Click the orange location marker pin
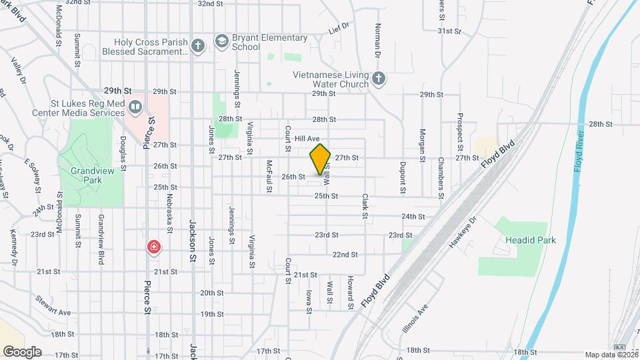pyautogui.click(x=320, y=159)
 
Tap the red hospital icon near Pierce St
pyautogui.click(x=154, y=248)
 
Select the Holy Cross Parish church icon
pyautogui.click(x=197, y=45)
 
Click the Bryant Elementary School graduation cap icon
pyautogui.click(x=221, y=42)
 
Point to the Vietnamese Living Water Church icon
pyautogui.click(x=378, y=79)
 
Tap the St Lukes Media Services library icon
pyautogui.click(x=135, y=107)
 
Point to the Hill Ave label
pyautogui.click(x=307, y=138)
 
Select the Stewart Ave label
pyautogui.click(x=53, y=305)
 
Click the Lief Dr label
pyautogui.click(x=339, y=30)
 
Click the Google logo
pyautogui.click(x=22, y=351)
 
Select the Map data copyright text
pyautogui.click(x=611, y=355)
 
